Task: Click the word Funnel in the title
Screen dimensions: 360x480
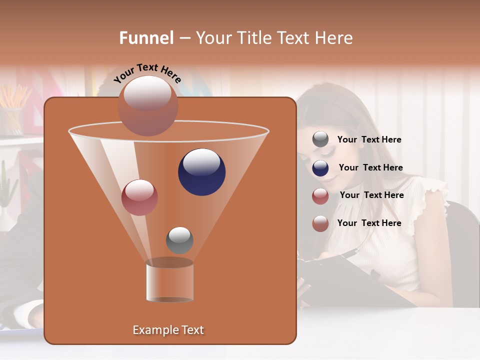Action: coord(146,37)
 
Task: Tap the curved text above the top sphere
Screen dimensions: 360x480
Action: coord(147,73)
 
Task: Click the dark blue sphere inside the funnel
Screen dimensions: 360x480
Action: coord(201,172)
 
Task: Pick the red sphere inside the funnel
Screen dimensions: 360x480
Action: coord(139,197)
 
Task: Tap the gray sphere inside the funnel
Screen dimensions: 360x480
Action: coord(179,240)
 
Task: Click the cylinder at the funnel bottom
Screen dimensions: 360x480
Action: coord(169,281)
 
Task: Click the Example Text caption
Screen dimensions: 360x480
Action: coord(168,330)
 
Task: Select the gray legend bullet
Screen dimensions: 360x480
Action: coord(320,139)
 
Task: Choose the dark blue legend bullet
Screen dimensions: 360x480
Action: coord(320,168)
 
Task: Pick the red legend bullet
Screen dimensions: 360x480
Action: coord(320,196)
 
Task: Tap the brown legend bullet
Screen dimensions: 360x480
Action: coord(320,223)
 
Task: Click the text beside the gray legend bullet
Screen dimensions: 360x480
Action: coord(369,139)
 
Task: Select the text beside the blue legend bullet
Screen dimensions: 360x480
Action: coord(370,167)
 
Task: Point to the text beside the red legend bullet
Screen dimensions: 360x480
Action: coord(371,195)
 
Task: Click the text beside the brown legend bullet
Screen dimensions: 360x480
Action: coord(369,223)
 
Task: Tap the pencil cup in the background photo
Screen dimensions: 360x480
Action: coord(11,120)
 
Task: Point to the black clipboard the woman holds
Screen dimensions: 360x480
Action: coord(340,280)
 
